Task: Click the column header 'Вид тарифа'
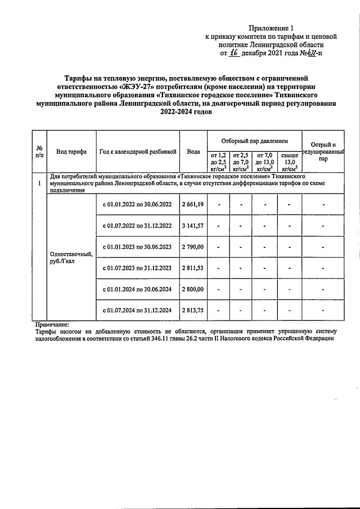[x=71, y=151]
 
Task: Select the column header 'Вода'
[x=193, y=151]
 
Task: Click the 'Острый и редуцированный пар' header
[x=323, y=151]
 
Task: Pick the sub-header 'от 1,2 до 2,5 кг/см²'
[x=218, y=161]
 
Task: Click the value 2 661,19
[x=193, y=204]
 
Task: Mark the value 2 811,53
[x=193, y=268]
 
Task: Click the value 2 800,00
[x=193, y=289]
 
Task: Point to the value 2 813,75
[x=193, y=310]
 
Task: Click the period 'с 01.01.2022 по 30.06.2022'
[x=138, y=204]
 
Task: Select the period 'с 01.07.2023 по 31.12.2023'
[x=138, y=268]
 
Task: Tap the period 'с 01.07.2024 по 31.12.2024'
[x=138, y=310]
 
